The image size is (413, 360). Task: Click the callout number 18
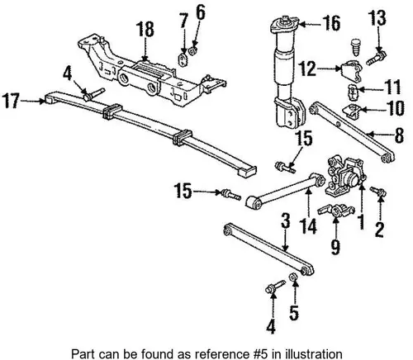click(x=145, y=30)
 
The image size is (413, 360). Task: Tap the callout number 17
click(x=11, y=101)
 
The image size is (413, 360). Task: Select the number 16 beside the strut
click(x=331, y=23)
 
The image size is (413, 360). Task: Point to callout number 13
click(x=377, y=18)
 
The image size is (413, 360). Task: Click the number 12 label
click(x=307, y=69)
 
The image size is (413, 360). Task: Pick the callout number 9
click(x=335, y=247)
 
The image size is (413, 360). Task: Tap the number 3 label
click(x=286, y=220)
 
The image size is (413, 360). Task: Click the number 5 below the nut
click(x=294, y=313)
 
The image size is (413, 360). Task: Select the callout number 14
click(x=309, y=226)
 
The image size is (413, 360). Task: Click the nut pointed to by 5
click(x=293, y=277)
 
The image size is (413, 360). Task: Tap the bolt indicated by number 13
click(x=376, y=58)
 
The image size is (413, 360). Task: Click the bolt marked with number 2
click(x=378, y=191)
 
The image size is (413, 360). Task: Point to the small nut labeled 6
click(x=193, y=50)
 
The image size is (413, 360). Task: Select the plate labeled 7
click(x=183, y=60)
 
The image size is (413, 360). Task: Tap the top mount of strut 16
click(x=285, y=26)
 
